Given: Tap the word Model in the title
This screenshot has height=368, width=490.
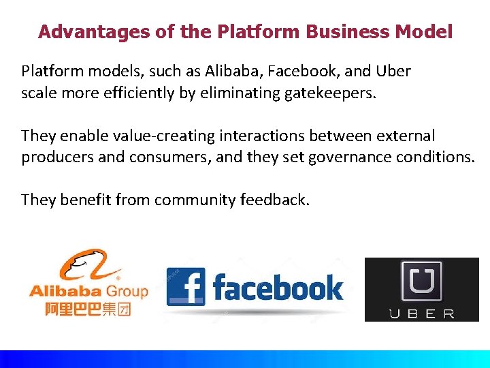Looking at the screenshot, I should (x=426, y=31).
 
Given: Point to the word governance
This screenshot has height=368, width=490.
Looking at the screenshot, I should (x=356, y=157).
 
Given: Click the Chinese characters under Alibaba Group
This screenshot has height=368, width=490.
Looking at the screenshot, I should (x=87, y=309).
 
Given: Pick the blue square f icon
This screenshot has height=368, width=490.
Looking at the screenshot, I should (x=185, y=286).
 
